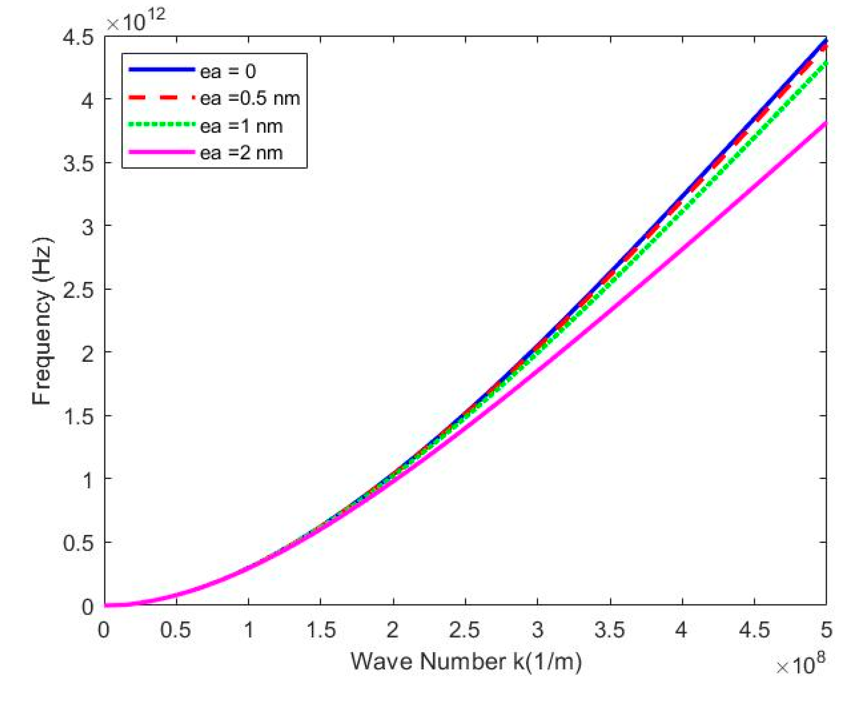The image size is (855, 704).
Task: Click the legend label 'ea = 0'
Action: point(228,72)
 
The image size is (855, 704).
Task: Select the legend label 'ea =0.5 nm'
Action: point(250,99)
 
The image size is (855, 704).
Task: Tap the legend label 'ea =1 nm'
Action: point(241,126)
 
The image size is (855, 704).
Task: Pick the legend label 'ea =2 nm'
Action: point(241,153)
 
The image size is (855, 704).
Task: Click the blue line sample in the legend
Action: point(161,69)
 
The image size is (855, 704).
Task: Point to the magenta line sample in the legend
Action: point(161,152)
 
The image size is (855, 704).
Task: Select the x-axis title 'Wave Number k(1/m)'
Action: point(465,661)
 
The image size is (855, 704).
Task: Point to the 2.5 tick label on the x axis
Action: point(465,630)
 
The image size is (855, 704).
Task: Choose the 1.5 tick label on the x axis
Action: point(321,630)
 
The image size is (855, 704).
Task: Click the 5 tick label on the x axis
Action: point(826,630)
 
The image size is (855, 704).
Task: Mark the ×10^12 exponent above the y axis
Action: point(136,20)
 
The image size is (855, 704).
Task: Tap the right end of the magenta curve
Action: point(825,123)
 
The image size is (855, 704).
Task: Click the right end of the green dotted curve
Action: point(825,63)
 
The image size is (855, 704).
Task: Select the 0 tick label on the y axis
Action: point(88,607)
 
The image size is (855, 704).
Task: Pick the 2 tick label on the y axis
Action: point(88,353)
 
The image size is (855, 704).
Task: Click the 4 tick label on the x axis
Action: point(681,630)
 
